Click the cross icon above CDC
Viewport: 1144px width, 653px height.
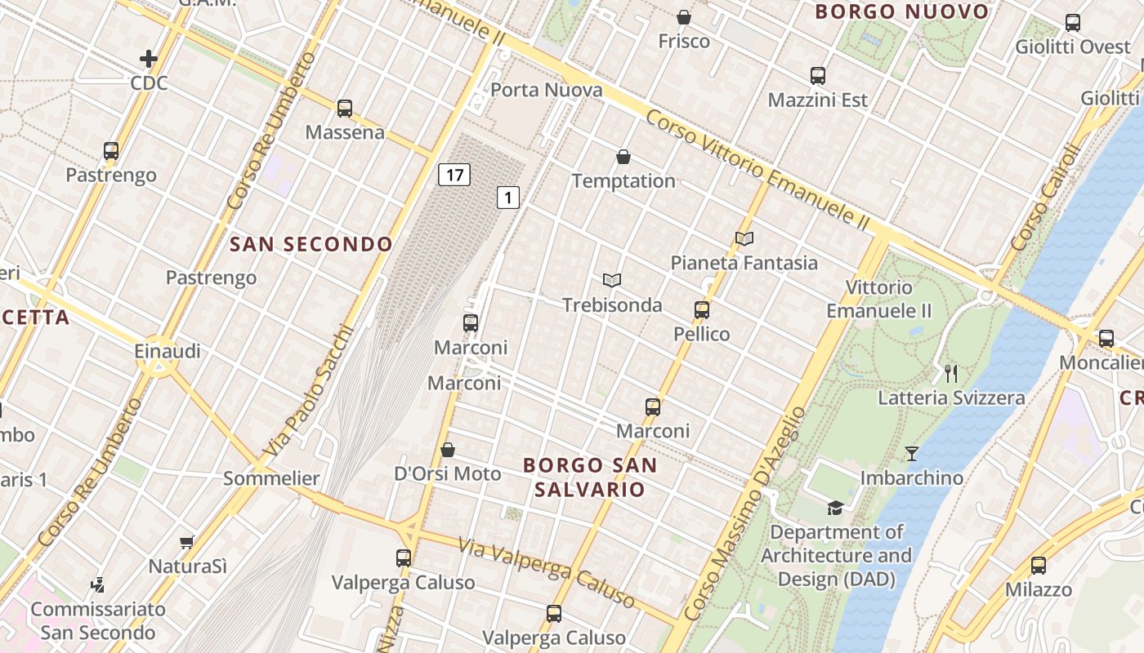(x=148, y=59)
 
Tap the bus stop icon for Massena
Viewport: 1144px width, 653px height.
(x=345, y=108)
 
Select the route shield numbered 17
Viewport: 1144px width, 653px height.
(x=454, y=174)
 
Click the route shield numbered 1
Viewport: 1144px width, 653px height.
(x=508, y=197)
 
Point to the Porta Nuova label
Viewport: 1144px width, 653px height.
(x=546, y=90)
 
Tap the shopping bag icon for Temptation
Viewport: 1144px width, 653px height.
(x=623, y=157)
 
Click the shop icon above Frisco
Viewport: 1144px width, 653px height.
(x=684, y=17)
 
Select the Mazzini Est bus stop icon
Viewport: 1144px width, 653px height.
(x=818, y=76)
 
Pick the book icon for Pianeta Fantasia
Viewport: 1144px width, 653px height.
(x=744, y=238)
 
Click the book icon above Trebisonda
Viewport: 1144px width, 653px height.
(x=612, y=280)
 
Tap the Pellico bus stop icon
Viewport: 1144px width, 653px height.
(x=702, y=310)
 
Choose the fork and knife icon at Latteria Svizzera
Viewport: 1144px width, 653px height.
(x=950, y=374)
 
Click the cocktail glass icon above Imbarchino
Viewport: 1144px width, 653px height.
(x=912, y=453)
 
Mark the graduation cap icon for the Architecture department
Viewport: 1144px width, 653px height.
(x=835, y=508)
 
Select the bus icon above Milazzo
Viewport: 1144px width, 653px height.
(x=1038, y=565)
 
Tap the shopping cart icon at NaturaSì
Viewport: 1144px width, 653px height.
(x=187, y=542)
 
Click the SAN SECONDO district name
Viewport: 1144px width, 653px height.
(x=311, y=244)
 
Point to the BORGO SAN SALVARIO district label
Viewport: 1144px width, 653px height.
(x=589, y=477)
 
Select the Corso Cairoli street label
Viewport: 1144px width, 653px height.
(x=1045, y=198)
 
